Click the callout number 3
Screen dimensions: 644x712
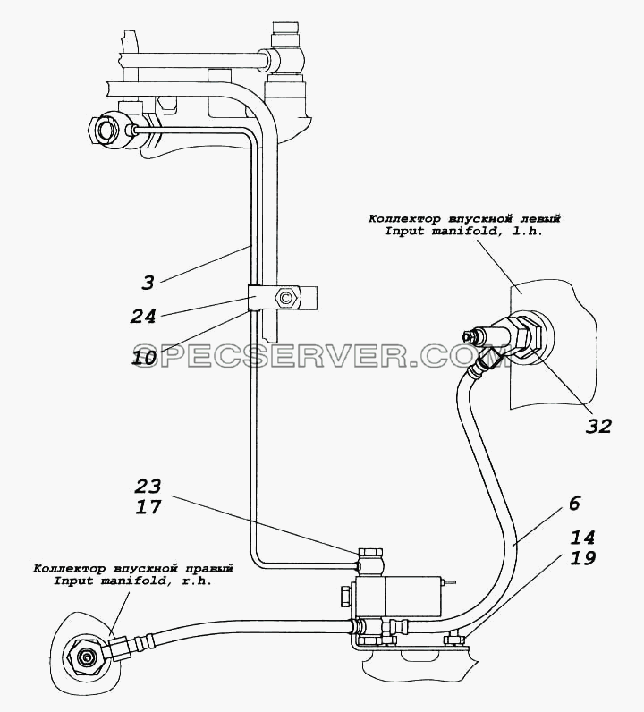click(148, 283)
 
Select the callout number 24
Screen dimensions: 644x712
click(143, 317)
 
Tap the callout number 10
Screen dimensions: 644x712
click(144, 359)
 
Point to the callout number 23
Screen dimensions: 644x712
click(148, 487)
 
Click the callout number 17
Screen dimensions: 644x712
click(148, 507)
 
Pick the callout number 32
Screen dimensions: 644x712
click(598, 426)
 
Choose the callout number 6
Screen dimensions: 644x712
click(574, 504)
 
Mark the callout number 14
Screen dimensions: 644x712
click(582, 538)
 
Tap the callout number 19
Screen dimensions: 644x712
click(582, 557)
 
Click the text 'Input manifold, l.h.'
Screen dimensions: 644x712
click(464, 231)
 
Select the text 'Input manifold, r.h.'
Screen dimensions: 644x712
click(132, 581)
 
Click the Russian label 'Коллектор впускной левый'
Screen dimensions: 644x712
click(464, 219)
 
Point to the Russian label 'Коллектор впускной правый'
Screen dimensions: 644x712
click(133, 569)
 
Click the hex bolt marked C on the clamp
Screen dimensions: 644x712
click(284, 299)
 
